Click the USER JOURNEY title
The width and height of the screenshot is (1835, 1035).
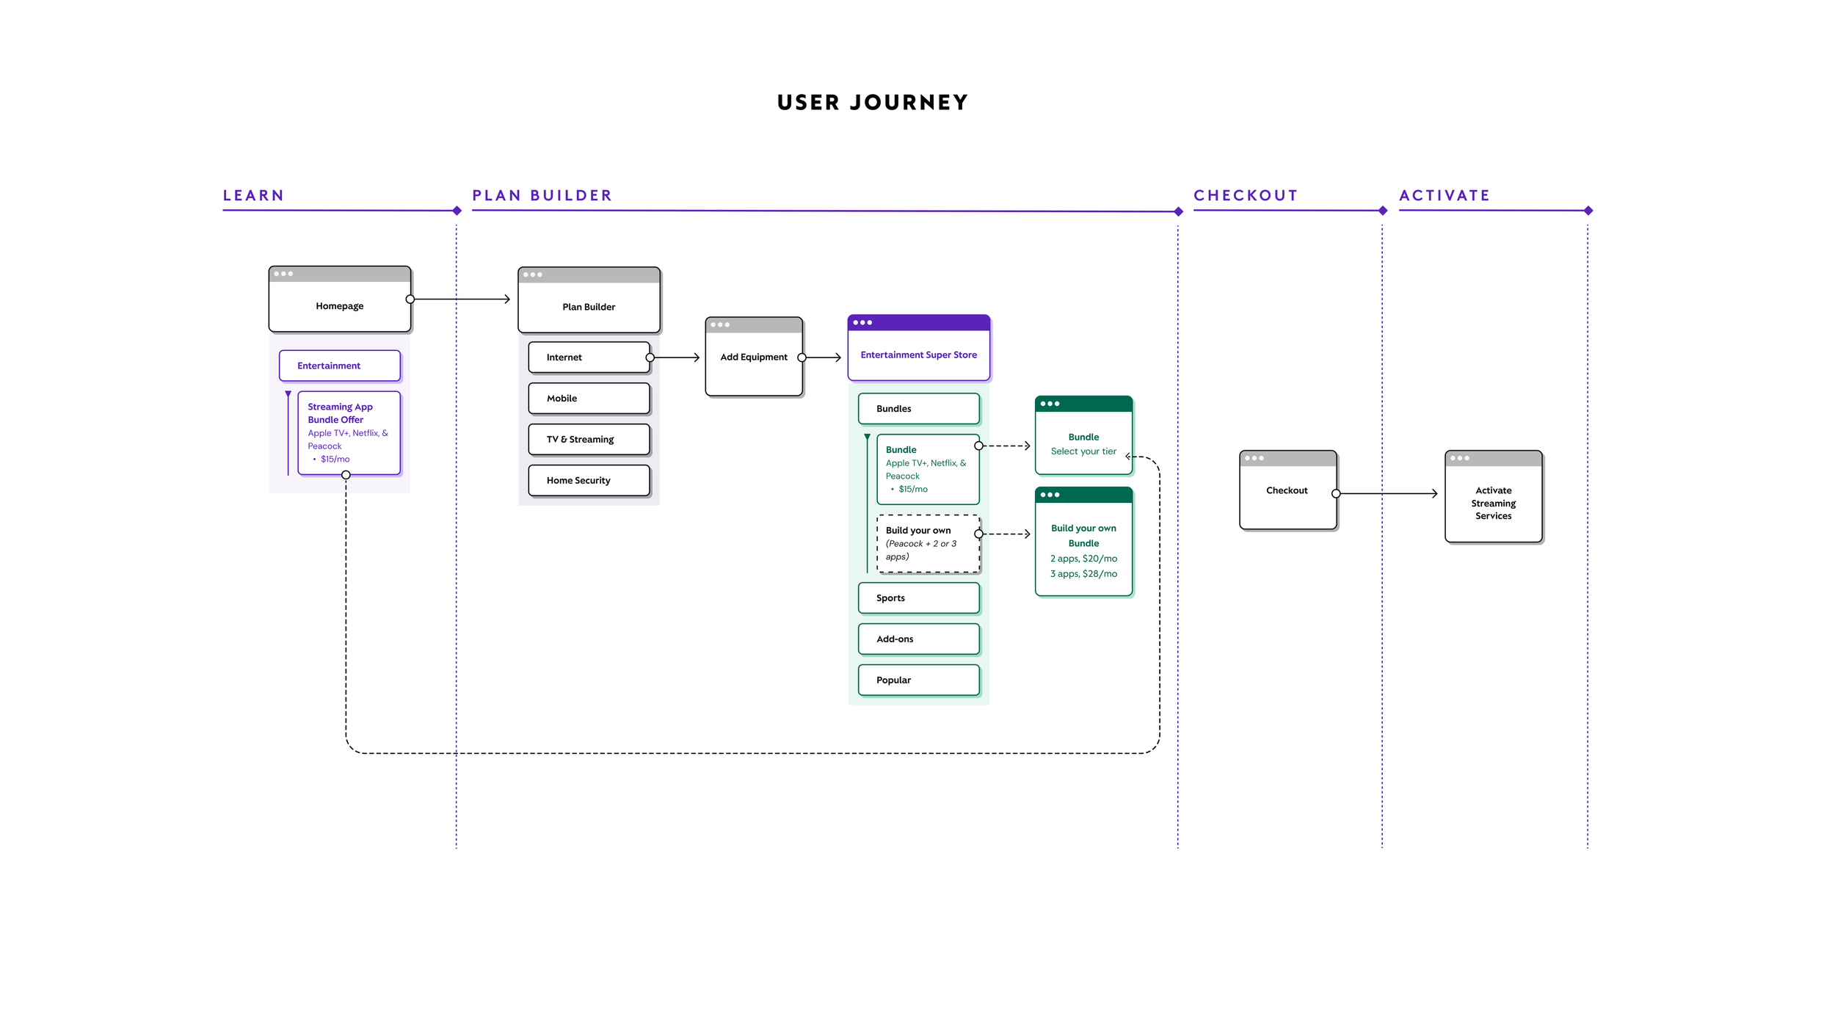coord(873,102)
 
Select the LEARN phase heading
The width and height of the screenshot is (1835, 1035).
coord(253,195)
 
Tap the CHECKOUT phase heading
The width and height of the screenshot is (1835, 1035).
coord(1246,195)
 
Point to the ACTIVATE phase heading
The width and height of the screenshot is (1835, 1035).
coord(1445,195)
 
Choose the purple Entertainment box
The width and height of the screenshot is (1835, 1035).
coord(339,366)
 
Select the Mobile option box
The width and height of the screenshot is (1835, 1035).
coord(589,399)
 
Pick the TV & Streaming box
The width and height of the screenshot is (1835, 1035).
coord(589,440)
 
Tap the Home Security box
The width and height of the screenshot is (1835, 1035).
coord(589,481)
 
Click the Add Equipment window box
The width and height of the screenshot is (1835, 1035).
coord(754,357)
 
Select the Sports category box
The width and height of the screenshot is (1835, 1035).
coord(918,598)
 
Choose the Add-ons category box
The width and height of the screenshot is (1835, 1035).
coord(918,639)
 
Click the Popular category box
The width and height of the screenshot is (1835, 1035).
coord(918,680)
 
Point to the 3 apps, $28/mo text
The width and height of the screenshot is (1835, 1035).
coord(1083,574)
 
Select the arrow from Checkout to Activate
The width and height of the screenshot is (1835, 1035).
coord(1387,494)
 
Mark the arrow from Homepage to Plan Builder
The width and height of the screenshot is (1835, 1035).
coord(460,299)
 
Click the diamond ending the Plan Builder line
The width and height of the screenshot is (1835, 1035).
coord(1178,211)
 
